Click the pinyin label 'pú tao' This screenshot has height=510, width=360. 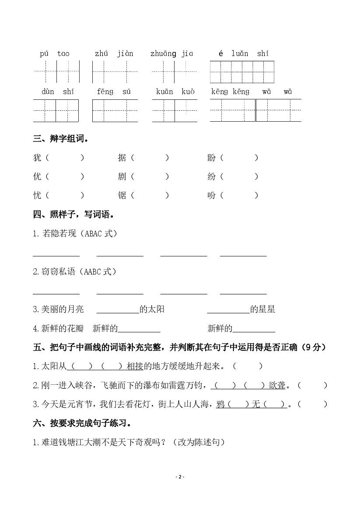(x=54, y=54)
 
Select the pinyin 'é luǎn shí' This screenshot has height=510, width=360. (x=243, y=54)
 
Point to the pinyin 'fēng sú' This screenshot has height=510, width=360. (x=114, y=92)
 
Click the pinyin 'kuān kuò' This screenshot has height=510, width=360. (x=175, y=92)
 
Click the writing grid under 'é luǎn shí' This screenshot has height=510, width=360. (x=242, y=72)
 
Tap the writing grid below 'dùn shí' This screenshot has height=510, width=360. (x=56, y=111)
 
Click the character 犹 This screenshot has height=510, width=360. (x=37, y=158)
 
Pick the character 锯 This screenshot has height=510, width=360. (x=122, y=196)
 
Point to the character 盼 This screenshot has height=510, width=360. (x=212, y=158)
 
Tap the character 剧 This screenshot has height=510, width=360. (x=122, y=177)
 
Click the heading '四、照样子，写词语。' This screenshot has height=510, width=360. (x=73, y=215)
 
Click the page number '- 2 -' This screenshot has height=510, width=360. (x=180, y=477)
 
